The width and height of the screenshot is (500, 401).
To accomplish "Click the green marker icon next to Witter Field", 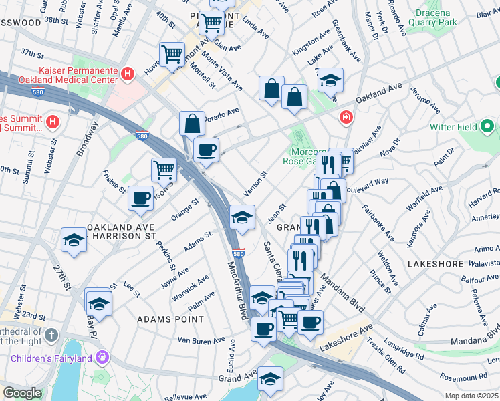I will (x=488, y=126).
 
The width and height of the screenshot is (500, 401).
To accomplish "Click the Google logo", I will (x=21, y=393).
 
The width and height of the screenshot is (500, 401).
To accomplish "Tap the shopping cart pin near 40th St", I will (x=172, y=53).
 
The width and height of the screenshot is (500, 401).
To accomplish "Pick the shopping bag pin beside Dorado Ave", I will (x=193, y=122).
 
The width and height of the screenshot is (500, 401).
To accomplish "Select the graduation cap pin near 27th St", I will (x=74, y=239).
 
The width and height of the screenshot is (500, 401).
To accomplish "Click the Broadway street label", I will (x=87, y=139).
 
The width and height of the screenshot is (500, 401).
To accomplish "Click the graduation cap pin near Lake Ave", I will (x=330, y=80).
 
